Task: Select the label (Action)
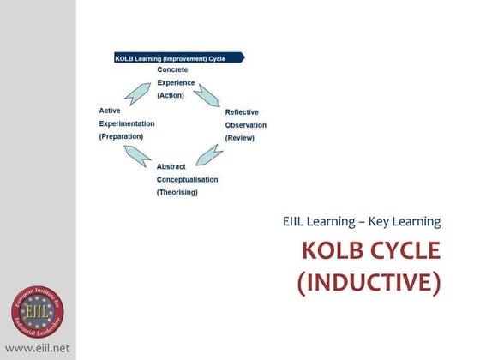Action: (172, 96)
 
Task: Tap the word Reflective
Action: (242, 112)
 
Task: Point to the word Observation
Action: (246, 125)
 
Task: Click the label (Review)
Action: (239, 138)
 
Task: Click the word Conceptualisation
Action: (187, 179)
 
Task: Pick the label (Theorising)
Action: (177, 193)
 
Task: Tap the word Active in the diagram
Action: (110, 111)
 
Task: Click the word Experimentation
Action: (126, 123)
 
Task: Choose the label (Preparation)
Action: (121, 136)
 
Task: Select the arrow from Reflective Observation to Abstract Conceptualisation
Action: (209, 155)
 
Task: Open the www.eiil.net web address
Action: (37, 348)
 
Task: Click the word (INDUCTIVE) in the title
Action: (369, 282)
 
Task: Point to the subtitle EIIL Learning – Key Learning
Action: (362, 222)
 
